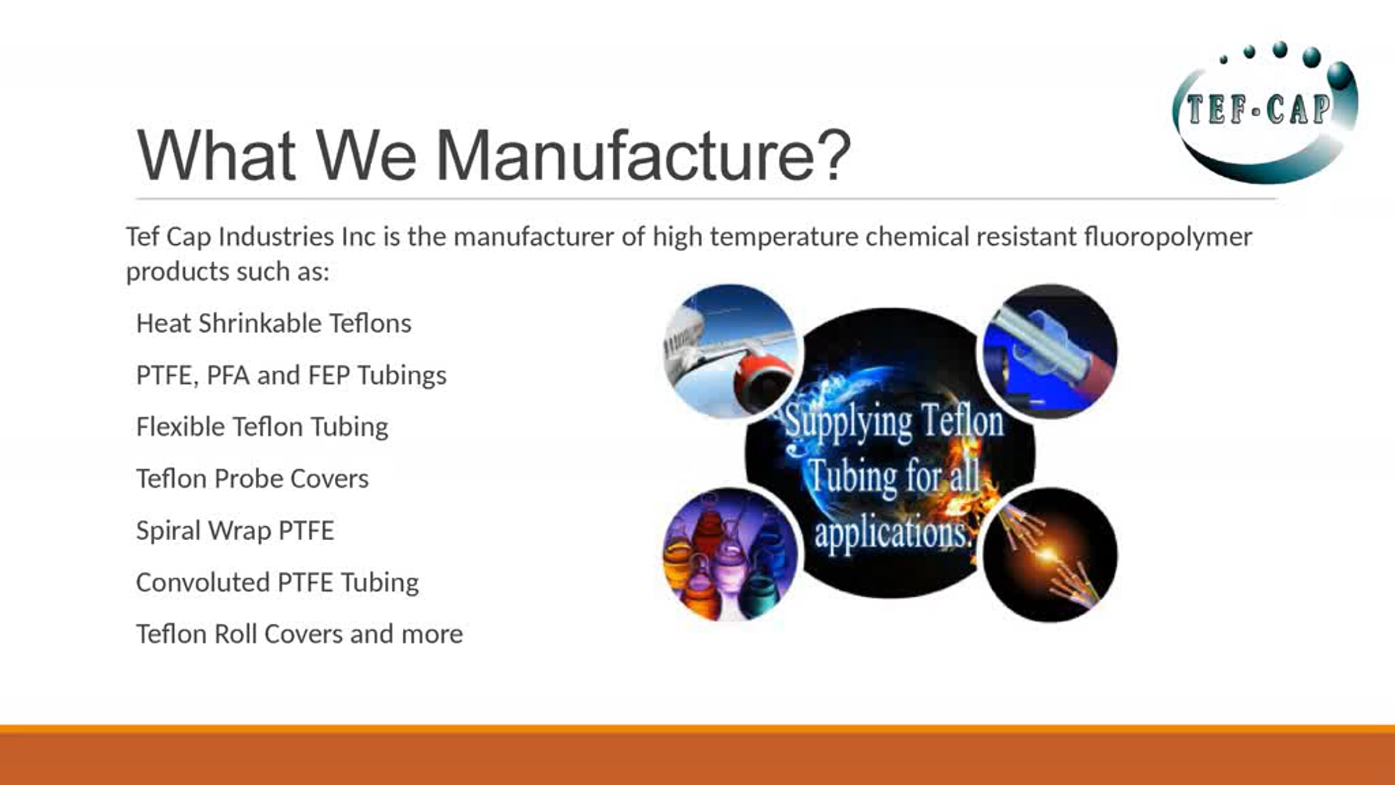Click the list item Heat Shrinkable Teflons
(x=274, y=323)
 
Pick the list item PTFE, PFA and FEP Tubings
(x=291, y=375)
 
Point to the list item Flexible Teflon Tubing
(x=262, y=427)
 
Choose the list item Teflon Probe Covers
(x=252, y=479)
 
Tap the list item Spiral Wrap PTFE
(x=235, y=530)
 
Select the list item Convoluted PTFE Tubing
(x=277, y=582)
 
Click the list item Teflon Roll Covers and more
(x=299, y=634)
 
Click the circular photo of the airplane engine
(x=731, y=351)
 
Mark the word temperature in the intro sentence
(x=784, y=237)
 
